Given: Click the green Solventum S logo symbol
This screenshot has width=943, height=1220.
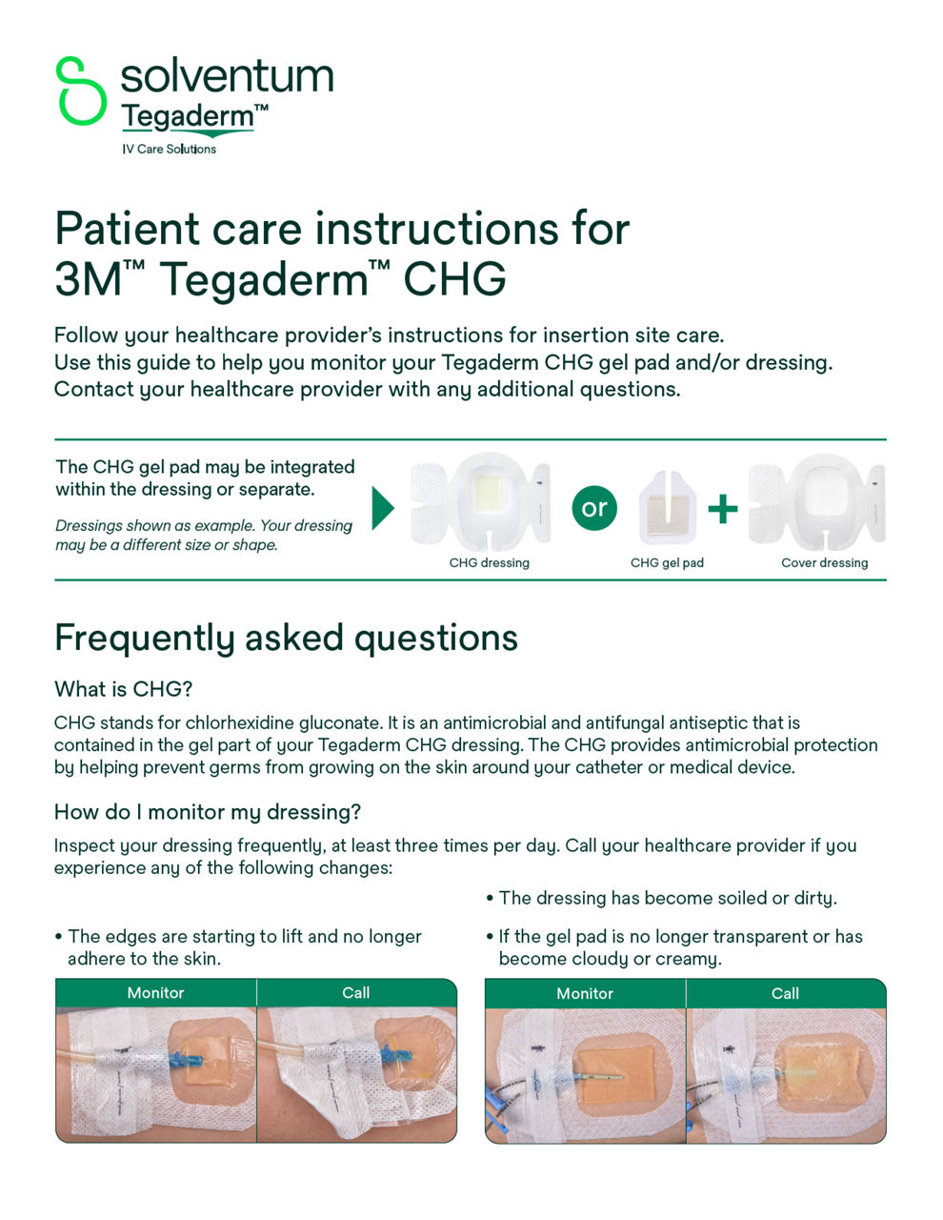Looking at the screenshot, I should pyautogui.click(x=81, y=91).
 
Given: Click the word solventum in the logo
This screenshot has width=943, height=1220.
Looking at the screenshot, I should pyautogui.click(x=227, y=76).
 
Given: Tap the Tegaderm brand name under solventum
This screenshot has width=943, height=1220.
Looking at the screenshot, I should pyautogui.click(x=189, y=117).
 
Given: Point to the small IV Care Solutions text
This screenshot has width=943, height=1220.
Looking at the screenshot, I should pyautogui.click(x=169, y=150).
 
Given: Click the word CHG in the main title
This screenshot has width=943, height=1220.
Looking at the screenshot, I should pyautogui.click(x=454, y=279).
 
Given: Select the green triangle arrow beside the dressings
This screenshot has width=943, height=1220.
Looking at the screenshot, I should pyautogui.click(x=383, y=508).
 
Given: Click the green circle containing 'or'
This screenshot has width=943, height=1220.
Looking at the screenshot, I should pyautogui.click(x=593, y=508).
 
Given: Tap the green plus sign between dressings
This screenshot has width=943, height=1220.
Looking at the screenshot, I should pyautogui.click(x=722, y=509).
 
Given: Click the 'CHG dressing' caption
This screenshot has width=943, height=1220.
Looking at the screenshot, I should pyautogui.click(x=489, y=563).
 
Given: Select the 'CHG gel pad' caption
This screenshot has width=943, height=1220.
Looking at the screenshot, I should pyautogui.click(x=667, y=563).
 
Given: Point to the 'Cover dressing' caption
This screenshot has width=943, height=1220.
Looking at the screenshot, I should pyautogui.click(x=824, y=563).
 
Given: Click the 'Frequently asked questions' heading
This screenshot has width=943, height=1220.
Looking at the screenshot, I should pyautogui.click(x=286, y=638).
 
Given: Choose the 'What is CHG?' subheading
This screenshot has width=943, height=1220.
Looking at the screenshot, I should pyautogui.click(x=123, y=689).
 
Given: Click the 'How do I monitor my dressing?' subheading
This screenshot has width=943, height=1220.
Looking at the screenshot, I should pyautogui.click(x=208, y=812).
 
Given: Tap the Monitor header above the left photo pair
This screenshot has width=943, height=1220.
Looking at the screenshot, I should pyautogui.click(x=155, y=993).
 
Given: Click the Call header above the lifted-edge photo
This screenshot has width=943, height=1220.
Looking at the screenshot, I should pyautogui.click(x=355, y=993).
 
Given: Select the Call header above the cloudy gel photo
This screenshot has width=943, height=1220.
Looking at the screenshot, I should pyautogui.click(x=785, y=993).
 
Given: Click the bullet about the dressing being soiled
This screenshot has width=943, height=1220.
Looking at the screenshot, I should pyautogui.click(x=667, y=898).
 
